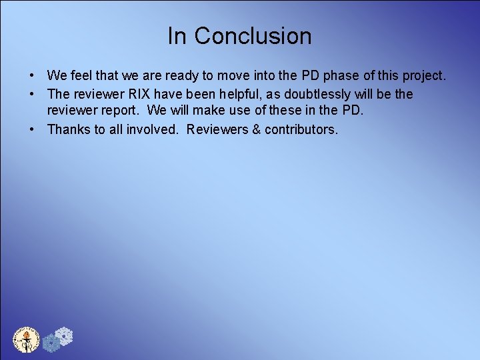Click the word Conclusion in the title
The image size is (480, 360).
[x=253, y=36]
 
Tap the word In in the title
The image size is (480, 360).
[x=177, y=36]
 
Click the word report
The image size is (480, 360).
[x=119, y=111]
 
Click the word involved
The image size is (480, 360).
[x=153, y=129]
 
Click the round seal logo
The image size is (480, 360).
[x=27, y=339]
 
